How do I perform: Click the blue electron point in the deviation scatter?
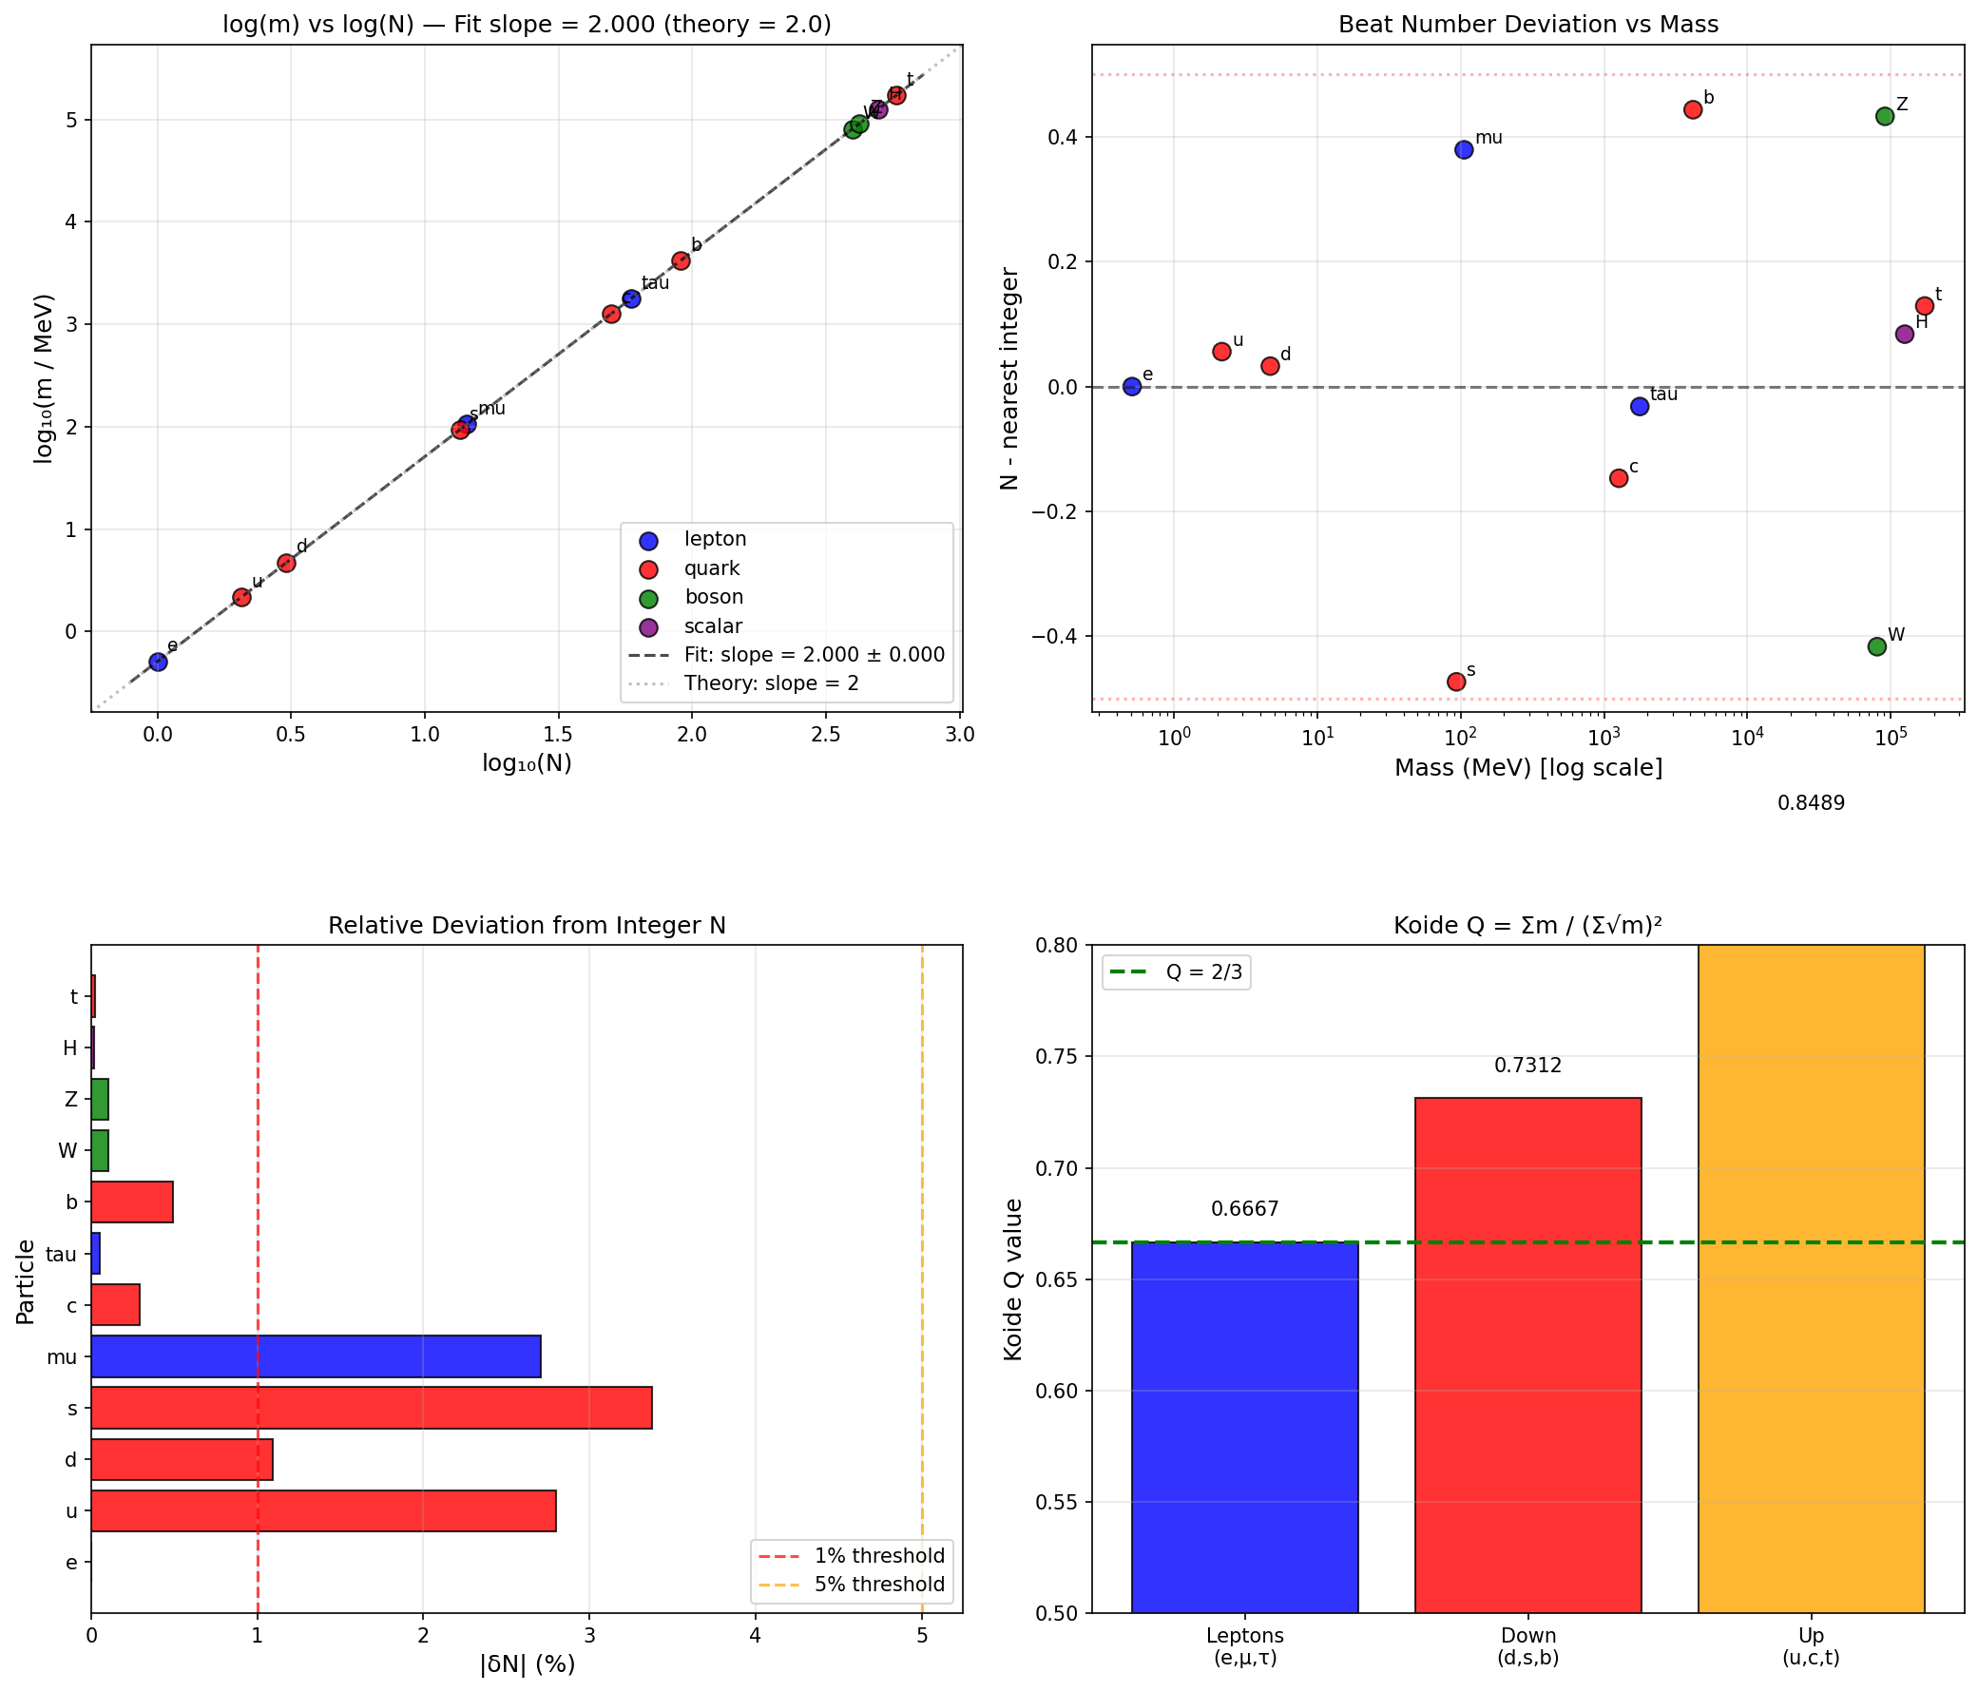pyautogui.click(x=1132, y=387)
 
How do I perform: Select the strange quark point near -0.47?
pyautogui.click(x=1456, y=682)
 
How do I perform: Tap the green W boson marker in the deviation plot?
pyautogui.click(x=1877, y=646)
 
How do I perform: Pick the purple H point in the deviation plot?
pyautogui.click(x=1905, y=335)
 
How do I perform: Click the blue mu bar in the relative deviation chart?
pyautogui.click(x=316, y=1356)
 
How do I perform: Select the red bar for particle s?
pyautogui.click(x=372, y=1409)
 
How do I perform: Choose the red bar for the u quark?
pyautogui.click(x=323, y=1511)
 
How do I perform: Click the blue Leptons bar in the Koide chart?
pyautogui.click(x=1245, y=1428)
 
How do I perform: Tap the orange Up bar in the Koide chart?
pyautogui.click(x=1811, y=1279)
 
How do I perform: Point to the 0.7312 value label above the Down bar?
pyautogui.click(x=1527, y=1066)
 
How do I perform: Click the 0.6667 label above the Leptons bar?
pyautogui.click(x=1245, y=1210)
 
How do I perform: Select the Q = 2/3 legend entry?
pyautogui.click(x=1177, y=973)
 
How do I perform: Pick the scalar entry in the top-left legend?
pyautogui.click(x=712, y=626)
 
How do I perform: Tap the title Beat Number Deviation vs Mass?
pyautogui.click(x=1527, y=25)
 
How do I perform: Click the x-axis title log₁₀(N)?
pyautogui.click(x=527, y=764)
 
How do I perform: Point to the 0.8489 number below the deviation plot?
pyautogui.click(x=1811, y=804)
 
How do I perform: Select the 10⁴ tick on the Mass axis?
pyautogui.click(x=1746, y=739)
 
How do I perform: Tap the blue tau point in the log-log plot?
pyautogui.click(x=631, y=298)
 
